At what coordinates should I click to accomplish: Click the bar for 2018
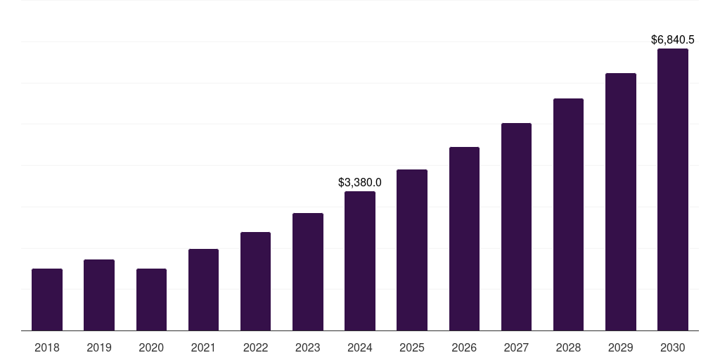(47, 300)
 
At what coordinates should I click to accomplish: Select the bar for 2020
(151, 300)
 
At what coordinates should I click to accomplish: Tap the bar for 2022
(255, 281)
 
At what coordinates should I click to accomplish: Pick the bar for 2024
(360, 261)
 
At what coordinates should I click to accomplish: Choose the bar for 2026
(464, 239)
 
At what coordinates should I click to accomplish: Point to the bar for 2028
(568, 214)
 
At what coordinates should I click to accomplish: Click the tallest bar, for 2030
(673, 190)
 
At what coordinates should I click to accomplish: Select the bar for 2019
(99, 295)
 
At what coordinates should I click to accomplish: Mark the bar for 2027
(516, 226)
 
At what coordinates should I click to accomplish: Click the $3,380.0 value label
(360, 182)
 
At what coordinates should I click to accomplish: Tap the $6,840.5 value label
(673, 40)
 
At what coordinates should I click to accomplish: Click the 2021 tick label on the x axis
(203, 347)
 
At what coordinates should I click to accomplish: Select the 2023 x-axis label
(308, 347)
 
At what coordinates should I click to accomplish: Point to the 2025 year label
(412, 347)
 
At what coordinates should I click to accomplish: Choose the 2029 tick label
(621, 347)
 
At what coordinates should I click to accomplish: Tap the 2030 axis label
(673, 347)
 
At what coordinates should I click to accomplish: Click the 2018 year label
(47, 347)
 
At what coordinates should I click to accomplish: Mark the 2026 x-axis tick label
(464, 347)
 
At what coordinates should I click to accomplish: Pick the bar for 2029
(621, 202)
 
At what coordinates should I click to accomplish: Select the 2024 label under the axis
(360, 347)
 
